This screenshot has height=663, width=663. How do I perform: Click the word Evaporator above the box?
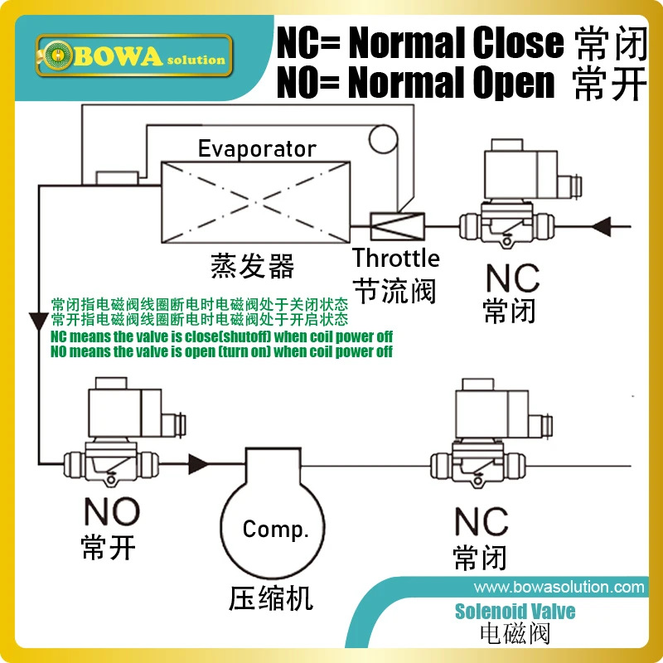[x=257, y=149]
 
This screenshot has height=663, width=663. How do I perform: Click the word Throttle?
[x=395, y=258]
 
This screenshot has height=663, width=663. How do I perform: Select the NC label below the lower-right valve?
[x=481, y=521]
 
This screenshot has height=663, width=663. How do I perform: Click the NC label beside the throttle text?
[x=511, y=280]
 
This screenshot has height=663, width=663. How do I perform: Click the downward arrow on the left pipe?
[x=38, y=320]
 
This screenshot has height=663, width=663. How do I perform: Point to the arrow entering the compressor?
[x=200, y=462]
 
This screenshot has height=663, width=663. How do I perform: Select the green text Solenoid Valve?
[x=515, y=612]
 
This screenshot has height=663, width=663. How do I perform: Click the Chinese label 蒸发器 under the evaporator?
[x=252, y=266]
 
